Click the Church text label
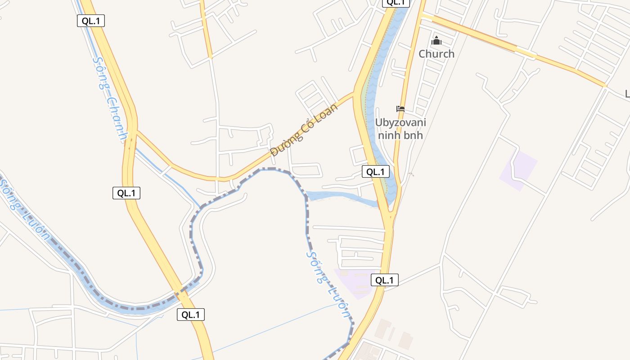click(x=436, y=54)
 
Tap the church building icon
click(x=436, y=41)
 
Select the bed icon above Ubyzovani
click(x=400, y=108)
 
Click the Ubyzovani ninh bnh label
click(x=400, y=128)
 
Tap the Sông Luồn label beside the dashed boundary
click(x=328, y=284)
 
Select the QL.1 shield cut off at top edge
click(x=396, y=3)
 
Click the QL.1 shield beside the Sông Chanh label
click(x=91, y=21)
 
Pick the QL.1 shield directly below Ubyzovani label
click(x=376, y=171)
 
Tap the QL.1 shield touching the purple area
click(x=385, y=280)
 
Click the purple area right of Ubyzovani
click(x=519, y=170)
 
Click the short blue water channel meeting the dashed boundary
click(x=342, y=198)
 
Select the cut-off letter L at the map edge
click(x=627, y=94)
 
